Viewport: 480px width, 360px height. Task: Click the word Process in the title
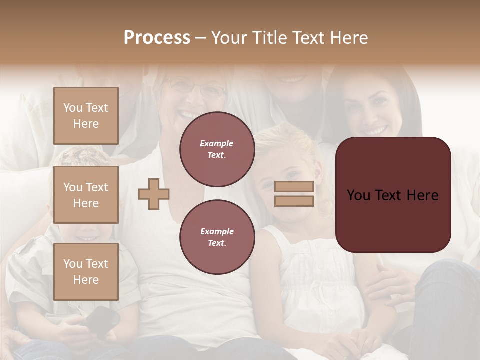[x=157, y=38]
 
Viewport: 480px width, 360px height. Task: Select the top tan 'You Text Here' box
[x=86, y=116]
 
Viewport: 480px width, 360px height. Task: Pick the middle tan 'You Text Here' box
[x=86, y=195]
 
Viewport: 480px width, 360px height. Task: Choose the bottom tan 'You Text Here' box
[x=86, y=271]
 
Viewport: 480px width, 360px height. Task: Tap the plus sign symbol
[x=154, y=194]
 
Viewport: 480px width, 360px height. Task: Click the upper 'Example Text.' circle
[x=217, y=149]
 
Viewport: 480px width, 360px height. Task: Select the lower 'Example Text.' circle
[x=217, y=237]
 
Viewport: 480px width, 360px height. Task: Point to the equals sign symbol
[x=294, y=194]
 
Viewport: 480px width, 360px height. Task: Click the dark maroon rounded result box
[x=393, y=195]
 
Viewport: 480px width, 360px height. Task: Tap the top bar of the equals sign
[x=294, y=187]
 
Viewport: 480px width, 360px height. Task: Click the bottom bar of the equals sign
[x=294, y=201]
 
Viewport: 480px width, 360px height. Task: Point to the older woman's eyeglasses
[x=197, y=89]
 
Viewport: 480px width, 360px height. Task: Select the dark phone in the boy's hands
[x=103, y=318]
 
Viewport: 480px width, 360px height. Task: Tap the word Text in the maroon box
[x=396, y=195]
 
